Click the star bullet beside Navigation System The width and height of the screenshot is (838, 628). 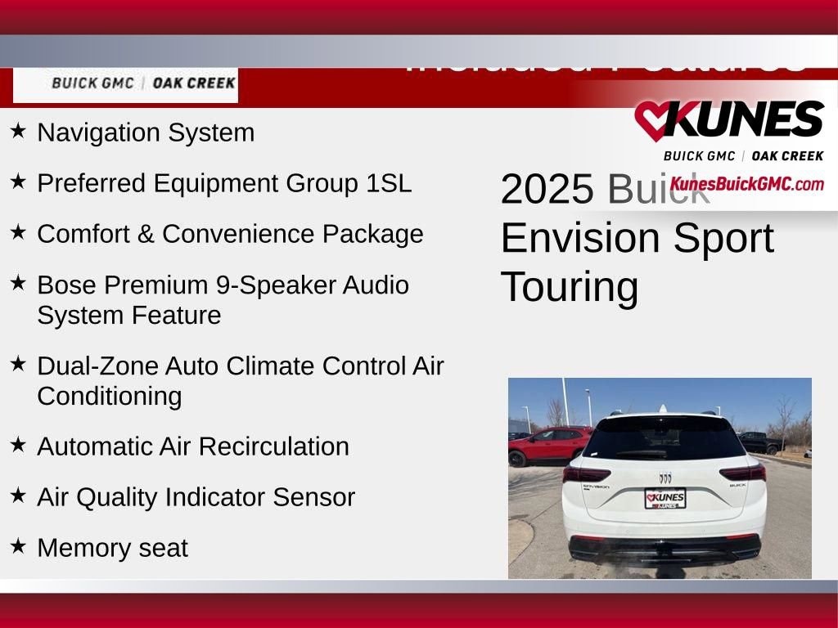[18, 131]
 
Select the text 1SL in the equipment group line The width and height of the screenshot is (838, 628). [389, 183]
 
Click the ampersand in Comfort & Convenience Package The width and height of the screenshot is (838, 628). [146, 234]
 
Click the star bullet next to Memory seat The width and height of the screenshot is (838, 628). [18, 545]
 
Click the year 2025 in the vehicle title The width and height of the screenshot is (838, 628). [547, 190]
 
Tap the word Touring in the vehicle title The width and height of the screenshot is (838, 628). [569, 287]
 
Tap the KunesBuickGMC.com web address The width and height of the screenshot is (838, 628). [746, 184]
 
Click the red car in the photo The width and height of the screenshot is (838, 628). [547, 446]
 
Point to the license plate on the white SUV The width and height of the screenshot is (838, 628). [665, 498]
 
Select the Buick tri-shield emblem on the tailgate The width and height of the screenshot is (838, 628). [665, 478]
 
